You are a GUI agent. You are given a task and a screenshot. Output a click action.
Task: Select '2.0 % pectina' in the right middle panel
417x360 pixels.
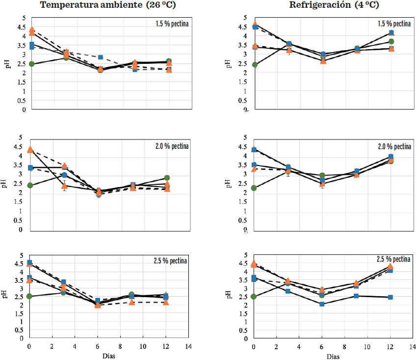click(x=393, y=146)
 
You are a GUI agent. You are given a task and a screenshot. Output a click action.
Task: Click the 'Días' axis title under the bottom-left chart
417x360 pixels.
click(x=109, y=356)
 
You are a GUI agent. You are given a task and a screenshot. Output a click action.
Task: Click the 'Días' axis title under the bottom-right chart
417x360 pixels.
click(x=333, y=356)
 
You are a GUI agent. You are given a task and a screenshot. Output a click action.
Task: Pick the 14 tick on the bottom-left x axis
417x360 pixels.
click(x=188, y=346)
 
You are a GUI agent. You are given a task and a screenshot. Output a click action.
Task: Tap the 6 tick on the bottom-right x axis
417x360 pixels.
click(x=321, y=346)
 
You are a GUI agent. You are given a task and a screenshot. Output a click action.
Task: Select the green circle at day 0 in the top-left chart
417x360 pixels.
click(x=31, y=64)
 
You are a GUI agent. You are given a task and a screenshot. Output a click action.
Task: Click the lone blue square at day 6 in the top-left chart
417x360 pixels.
click(x=100, y=57)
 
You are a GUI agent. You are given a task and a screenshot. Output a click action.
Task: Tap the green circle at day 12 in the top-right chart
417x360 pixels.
click(x=391, y=42)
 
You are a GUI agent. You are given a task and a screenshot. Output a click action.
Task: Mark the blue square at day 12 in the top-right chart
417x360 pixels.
click(x=391, y=33)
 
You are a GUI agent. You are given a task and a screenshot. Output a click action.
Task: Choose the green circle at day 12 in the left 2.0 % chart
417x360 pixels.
click(x=167, y=178)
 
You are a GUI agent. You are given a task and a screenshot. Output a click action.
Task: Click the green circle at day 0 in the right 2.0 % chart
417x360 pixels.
click(x=254, y=188)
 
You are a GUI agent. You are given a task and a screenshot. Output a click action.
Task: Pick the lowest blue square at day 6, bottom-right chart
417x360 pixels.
click(x=322, y=304)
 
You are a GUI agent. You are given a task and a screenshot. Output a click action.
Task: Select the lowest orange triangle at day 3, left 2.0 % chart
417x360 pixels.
click(x=64, y=186)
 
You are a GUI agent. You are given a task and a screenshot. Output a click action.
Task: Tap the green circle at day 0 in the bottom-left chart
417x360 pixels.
click(x=29, y=296)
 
